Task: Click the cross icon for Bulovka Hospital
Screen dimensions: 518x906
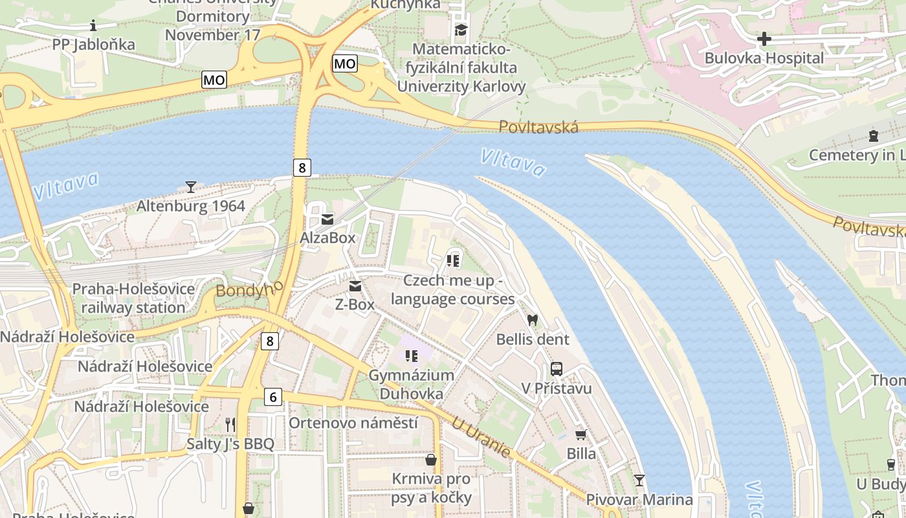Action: [x=764, y=39]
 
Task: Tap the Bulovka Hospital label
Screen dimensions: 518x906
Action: [x=764, y=58]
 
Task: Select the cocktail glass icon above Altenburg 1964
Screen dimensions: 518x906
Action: [x=191, y=187]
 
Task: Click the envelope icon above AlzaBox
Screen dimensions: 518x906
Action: [x=327, y=220]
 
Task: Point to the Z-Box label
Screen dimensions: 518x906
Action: [x=355, y=304]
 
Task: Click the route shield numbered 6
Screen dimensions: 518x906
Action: [x=273, y=397]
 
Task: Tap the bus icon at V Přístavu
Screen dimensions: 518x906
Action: [x=557, y=369]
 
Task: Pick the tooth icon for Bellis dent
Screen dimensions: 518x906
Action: [x=533, y=320]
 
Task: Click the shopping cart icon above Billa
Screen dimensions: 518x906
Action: [x=581, y=435]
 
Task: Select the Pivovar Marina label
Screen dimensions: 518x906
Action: [x=639, y=499]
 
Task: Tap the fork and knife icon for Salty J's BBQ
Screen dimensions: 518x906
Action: [x=230, y=425]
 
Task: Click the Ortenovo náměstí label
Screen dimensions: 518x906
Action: [x=353, y=423]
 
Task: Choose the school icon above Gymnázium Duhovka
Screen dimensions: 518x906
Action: [x=412, y=355]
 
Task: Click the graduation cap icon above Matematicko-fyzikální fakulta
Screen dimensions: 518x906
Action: [x=461, y=30]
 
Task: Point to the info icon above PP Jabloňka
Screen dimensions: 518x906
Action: [x=93, y=26]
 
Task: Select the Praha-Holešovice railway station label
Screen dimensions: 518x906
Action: [x=133, y=298]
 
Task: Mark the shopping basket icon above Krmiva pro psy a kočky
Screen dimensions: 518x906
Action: [x=431, y=460]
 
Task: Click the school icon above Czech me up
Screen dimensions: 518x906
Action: [x=453, y=261]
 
